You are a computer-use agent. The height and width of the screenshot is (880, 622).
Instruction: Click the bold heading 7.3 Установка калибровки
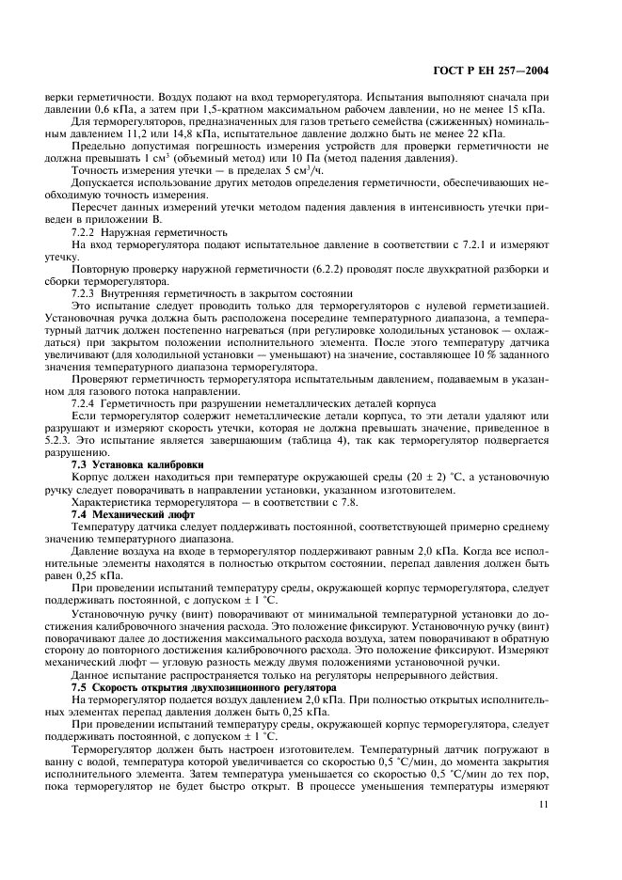coord(137,465)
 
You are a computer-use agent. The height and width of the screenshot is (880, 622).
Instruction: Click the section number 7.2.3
coord(88,293)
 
